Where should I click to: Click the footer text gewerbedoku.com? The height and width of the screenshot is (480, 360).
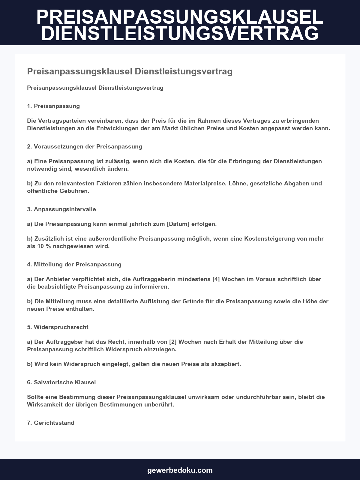pos(180,470)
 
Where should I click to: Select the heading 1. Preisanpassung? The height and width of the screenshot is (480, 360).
pos(53,106)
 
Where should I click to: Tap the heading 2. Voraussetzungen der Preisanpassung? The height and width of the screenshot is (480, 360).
pos(85,146)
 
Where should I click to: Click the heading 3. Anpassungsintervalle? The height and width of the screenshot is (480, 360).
pos(61,209)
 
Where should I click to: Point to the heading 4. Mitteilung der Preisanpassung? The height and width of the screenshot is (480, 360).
pos(74,264)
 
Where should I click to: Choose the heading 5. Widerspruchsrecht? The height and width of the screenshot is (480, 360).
pos(58,327)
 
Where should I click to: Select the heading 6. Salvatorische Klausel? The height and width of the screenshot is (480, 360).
pos(61,382)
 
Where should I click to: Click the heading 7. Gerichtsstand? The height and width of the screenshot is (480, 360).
pos(51,423)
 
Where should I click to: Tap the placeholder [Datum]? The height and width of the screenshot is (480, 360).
pos(178,224)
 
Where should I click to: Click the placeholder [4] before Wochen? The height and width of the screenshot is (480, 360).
pos(216,279)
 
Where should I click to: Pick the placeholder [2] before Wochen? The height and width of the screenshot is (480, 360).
pos(173,342)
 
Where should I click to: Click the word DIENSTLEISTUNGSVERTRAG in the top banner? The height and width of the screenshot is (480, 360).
pos(180,33)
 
